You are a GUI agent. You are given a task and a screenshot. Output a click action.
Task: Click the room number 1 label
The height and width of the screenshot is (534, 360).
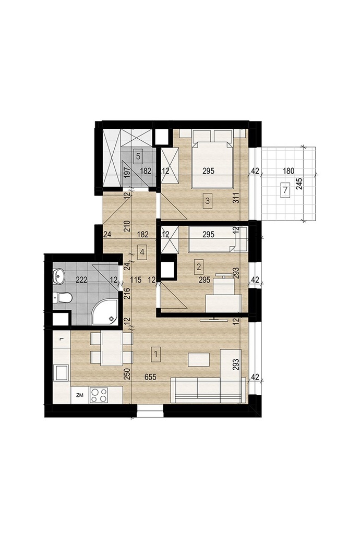click(156, 354)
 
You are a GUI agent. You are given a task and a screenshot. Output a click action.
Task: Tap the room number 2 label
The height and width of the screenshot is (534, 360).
click(198, 265)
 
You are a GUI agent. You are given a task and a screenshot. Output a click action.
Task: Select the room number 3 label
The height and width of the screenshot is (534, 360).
click(208, 201)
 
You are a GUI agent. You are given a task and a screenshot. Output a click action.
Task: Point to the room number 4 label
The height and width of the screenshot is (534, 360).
click(142, 252)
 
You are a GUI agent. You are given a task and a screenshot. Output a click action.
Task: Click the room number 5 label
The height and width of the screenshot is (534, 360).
click(138, 156)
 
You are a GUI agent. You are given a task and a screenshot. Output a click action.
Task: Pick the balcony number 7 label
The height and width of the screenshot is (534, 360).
click(285, 190)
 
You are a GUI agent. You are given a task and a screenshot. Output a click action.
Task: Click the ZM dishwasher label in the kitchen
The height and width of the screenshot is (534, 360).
click(80, 395)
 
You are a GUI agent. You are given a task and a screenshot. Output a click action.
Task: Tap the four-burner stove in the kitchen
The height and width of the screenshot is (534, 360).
click(99, 395)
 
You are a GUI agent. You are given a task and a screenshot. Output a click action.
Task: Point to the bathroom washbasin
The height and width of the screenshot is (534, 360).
click(58, 275)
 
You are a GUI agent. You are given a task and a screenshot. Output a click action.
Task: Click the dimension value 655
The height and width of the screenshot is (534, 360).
click(150, 377)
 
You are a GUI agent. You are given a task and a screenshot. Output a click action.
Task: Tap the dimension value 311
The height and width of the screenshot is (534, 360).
click(236, 198)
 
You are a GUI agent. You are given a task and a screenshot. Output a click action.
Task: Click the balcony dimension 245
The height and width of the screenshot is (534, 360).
click(299, 184)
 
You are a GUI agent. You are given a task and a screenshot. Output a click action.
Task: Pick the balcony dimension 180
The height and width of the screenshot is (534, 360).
click(288, 171)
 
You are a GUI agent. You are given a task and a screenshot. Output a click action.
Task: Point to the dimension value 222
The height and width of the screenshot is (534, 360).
click(82, 280)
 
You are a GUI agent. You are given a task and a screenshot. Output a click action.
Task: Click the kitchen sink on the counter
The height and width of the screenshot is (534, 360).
click(62, 372)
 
